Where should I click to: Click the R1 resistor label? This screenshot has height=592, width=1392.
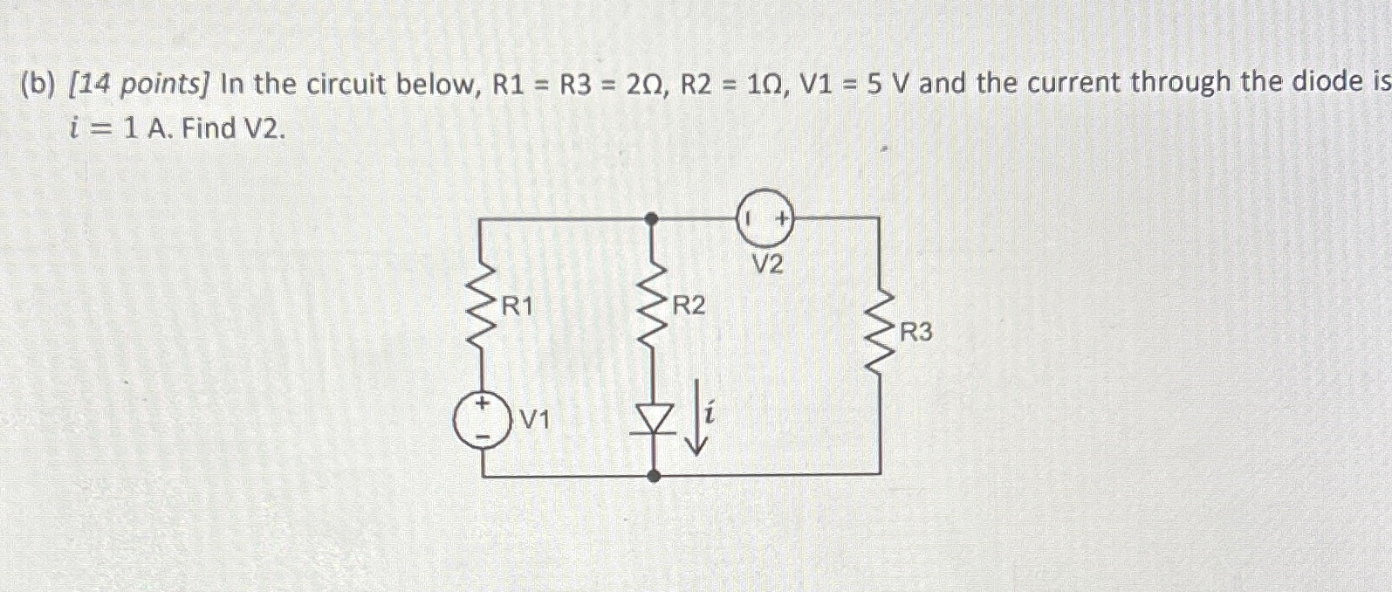click(517, 306)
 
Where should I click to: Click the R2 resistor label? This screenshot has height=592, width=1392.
click(689, 306)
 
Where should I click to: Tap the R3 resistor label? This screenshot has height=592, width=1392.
click(915, 333)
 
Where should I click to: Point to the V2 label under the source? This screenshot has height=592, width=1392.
click(768, 265)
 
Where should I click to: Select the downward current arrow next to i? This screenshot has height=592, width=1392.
click(696, 416)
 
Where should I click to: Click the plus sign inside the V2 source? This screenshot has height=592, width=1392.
click(783, 217)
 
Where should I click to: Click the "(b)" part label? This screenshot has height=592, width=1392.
click(37, 85)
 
